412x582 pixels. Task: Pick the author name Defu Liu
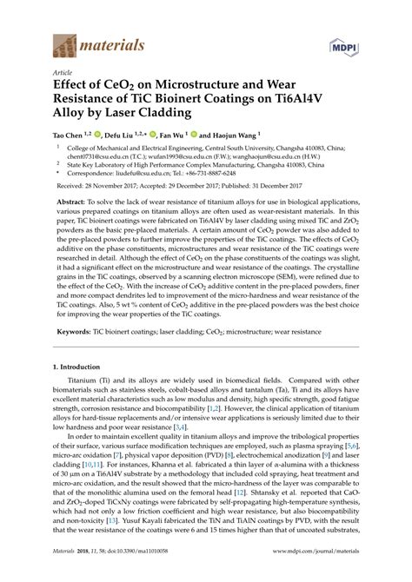tap(120, 136)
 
